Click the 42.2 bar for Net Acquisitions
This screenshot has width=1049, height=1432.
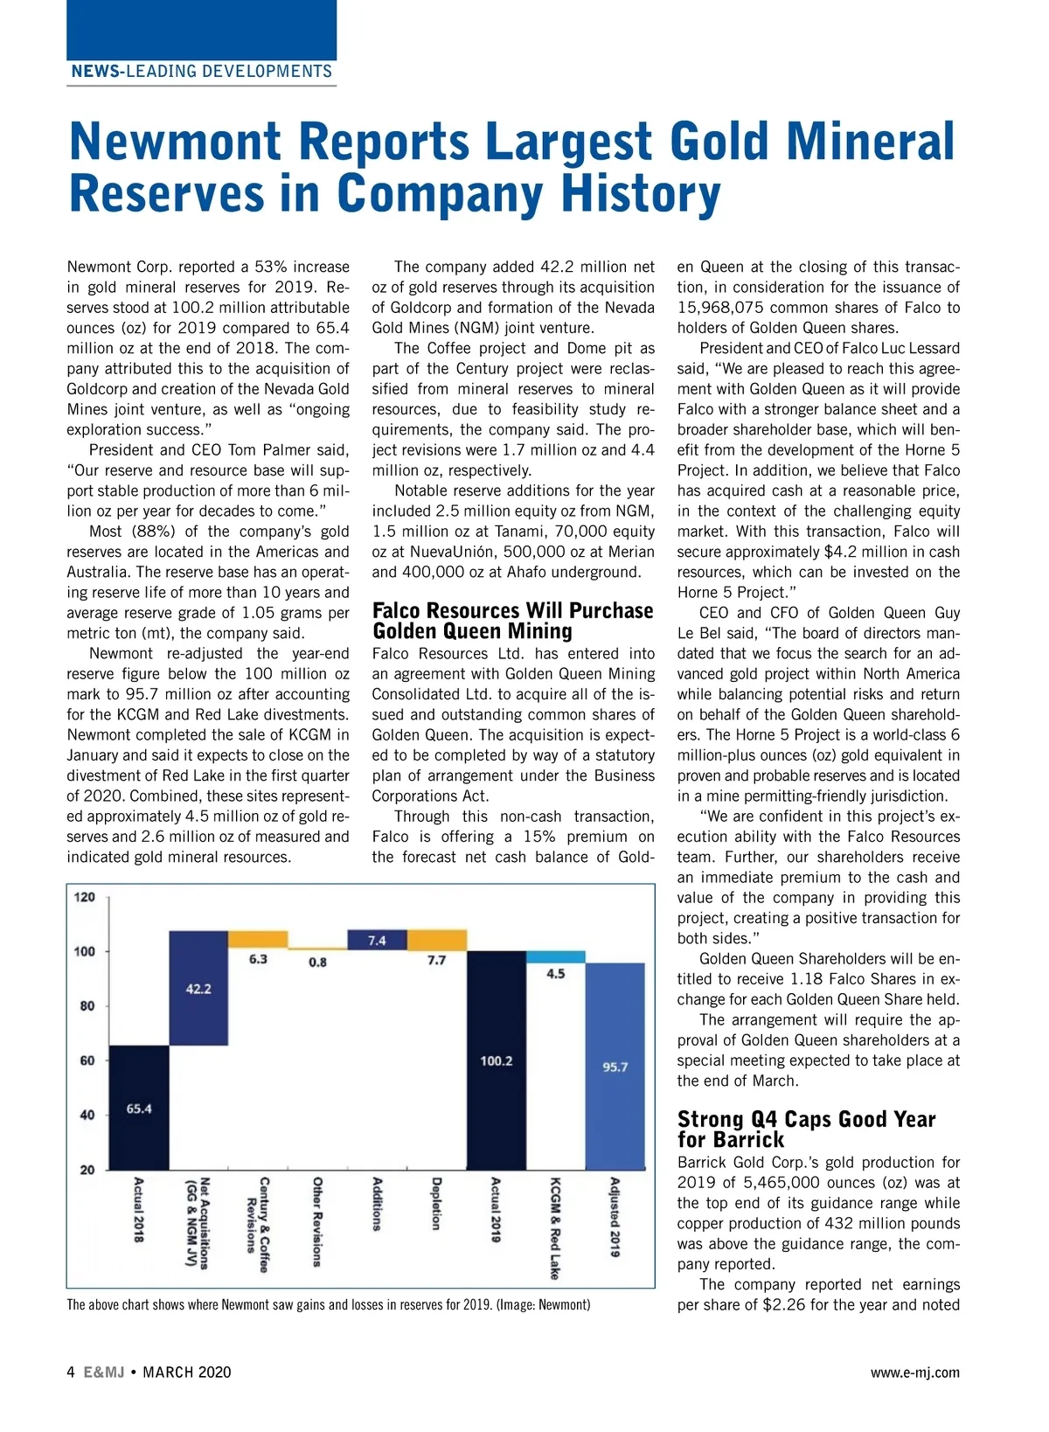[198, 988]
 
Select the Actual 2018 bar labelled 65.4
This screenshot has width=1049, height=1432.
[139, 1108]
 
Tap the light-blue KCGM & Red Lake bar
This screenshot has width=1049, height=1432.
[555, 956]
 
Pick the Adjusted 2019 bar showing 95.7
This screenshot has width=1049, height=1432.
[615, 1067]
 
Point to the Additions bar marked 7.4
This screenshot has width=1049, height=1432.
[377, 940]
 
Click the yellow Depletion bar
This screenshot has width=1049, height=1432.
[436, 941]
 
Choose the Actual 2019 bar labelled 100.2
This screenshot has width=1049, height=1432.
[496, 1060]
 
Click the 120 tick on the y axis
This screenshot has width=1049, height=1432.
[85, 897]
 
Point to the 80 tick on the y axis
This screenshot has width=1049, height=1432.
[87, 1005]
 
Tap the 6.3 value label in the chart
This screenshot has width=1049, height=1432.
[258, 959]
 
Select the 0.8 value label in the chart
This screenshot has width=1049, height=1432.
[317, 962]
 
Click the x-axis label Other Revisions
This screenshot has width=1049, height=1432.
[317, 1221]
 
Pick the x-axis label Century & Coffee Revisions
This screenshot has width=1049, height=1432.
[258, 1224]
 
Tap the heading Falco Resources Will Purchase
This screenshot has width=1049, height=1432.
[512, 610]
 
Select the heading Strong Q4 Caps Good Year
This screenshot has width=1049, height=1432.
[806, 1119]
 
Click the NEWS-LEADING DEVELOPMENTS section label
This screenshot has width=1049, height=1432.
[202, 72]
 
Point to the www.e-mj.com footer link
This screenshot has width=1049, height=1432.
[914, 1372]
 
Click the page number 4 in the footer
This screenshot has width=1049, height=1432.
[71, 1372]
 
